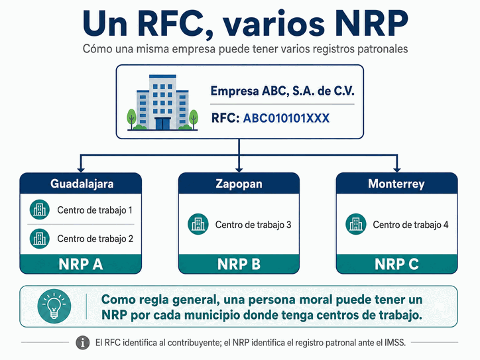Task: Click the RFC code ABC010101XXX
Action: [x=286, y=118]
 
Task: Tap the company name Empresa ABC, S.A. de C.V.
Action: [x=282, y=91]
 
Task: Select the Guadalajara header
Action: [x=81, y=184]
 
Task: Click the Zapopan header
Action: [x=239, y=184]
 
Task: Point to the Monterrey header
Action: [x=396, y=184]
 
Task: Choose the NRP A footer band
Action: [x=81, y=264]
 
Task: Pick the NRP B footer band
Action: [x=239, y=264]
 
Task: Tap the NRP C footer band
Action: [x=396, y=264]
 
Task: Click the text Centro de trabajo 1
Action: [x=95, y=210]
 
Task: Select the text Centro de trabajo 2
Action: [x=95, y=239]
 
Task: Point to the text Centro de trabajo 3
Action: [x=253, y=225]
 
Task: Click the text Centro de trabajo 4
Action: [x=410, y=225]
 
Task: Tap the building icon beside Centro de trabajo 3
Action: [x=198, y=224]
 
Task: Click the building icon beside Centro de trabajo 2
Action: [x=40, y=239]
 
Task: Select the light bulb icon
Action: [x=54, y=306]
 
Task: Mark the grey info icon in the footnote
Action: [x=83, y=343]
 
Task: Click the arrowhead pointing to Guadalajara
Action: [x=81, y=170]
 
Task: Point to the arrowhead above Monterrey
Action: [x=396, y=170]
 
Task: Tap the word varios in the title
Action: [x=273, y=24]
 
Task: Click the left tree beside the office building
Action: [x=131, y=119]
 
